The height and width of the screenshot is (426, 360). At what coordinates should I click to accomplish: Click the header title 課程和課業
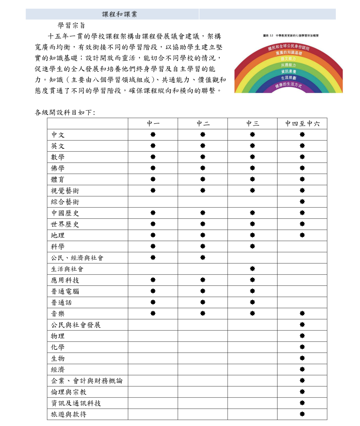[x=119, y=14]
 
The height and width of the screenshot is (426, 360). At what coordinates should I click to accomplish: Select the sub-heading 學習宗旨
[x=71, y=26]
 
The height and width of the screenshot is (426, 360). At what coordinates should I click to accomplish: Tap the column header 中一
[x=153, y=124]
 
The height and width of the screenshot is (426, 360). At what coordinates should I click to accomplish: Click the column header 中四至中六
[x=302, y=124]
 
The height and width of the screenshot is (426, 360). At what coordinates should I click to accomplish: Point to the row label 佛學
[x=58, y=168]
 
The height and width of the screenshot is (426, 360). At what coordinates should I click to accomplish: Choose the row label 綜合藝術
[x=65, y=202]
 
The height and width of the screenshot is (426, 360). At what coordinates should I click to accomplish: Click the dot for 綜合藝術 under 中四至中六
[x=302, y=202]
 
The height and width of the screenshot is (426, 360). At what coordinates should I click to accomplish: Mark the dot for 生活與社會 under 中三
[x=252, y=269]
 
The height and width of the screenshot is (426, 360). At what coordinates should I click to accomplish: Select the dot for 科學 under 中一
[x=153, y=246]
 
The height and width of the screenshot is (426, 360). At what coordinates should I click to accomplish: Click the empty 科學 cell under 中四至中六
[x=302, y=246]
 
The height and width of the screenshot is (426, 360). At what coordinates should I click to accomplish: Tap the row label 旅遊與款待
[x=69, y=414]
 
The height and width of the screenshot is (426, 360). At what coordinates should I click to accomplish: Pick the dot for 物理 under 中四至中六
[x=302, y=336]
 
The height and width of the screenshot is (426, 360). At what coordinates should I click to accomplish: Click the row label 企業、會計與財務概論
[x=87, y=381]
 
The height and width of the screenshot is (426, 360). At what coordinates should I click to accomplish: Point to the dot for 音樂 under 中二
[x=203, y=313]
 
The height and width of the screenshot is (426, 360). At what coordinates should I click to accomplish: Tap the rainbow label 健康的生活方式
[x=288, y=85]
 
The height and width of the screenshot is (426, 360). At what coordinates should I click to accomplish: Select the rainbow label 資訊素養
[x=288, y=71]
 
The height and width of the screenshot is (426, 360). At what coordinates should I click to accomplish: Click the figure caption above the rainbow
[x=291, y=35]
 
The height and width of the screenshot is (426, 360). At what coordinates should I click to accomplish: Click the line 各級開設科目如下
[x=65, y=113]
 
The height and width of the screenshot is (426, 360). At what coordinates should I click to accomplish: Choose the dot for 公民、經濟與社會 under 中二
[x=203, y=257]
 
